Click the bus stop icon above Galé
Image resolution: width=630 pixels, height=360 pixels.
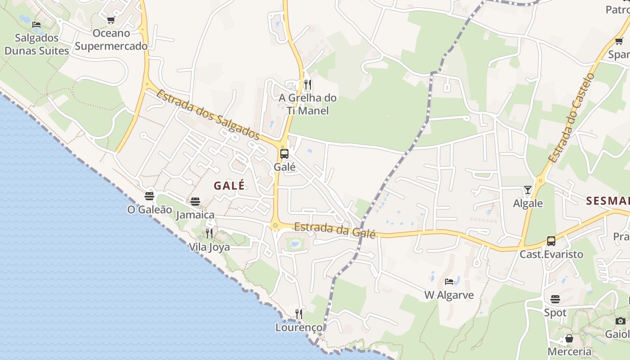(284, 154)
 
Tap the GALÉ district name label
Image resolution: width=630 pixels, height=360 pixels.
(229, 185)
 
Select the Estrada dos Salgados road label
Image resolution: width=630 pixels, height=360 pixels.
(208, 115)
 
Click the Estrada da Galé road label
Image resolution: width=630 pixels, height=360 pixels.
(335, 230)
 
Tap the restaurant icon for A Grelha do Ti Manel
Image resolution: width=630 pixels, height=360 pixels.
(308, 84)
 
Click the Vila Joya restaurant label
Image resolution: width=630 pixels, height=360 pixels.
(209, 247)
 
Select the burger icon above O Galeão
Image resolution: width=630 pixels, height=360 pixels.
(149, 196)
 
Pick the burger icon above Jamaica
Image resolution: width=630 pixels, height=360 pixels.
(195, 201)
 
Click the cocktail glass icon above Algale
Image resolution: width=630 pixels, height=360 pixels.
(528, 190)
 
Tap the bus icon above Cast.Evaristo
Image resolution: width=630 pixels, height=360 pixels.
(551, 241)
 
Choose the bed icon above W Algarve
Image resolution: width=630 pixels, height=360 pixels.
(449, 282)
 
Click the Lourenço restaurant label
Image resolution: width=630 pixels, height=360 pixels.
(299, 327)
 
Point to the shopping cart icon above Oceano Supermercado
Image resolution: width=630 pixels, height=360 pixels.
(111, 20)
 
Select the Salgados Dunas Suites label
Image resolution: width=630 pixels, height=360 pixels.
(37, 44)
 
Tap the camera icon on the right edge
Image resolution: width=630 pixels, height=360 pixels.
(621, 321)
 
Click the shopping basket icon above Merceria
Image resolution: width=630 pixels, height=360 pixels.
(569, 338)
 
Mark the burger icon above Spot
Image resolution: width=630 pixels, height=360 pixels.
(555, 299)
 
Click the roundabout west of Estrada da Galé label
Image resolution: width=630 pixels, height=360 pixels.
(275, 225)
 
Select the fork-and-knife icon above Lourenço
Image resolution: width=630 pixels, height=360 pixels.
(299, 314)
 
